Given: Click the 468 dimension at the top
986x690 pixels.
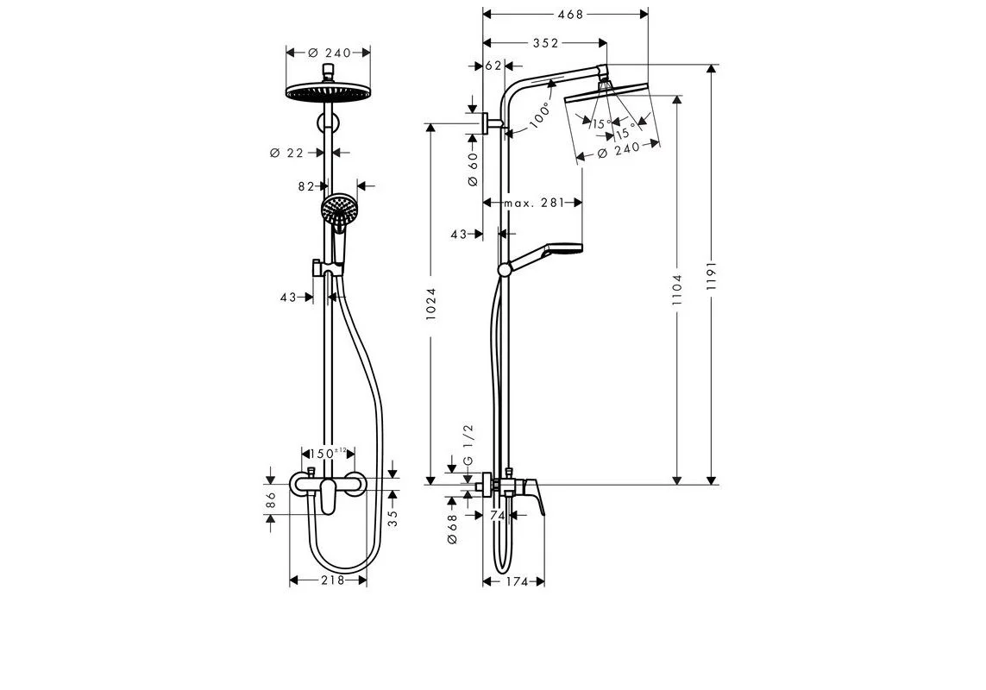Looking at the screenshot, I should pos(565,14).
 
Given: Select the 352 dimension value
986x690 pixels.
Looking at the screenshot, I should pos(545,43).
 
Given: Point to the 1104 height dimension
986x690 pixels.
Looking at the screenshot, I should pos(677,289).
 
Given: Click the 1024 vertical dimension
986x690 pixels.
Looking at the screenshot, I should pos(431,304).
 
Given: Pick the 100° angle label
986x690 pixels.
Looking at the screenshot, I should pos(540,116).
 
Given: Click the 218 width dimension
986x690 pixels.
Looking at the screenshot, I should pos(329,581).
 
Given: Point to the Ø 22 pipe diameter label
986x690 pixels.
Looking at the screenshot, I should pos(287,153).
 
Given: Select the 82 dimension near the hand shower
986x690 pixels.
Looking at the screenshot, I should pos(306,185).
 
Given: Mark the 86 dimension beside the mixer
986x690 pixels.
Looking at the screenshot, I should pos(271,498).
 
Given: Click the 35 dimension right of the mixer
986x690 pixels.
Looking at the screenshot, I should pos(393,517).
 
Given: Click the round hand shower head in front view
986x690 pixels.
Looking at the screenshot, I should pos(338,209).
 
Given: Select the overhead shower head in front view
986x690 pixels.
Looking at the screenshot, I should pos(328,92).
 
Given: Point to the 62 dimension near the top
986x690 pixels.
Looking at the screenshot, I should pos(493,66).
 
